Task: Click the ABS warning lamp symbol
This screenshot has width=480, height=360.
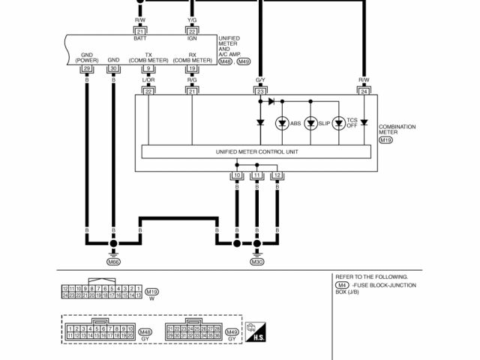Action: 283,123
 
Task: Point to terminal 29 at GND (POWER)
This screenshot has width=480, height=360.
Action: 87,69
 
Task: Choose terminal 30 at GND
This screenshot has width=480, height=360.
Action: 113,69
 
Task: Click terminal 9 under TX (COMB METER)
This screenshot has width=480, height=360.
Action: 148,69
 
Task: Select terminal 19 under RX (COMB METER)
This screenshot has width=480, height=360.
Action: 192,69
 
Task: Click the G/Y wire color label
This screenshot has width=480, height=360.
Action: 260,79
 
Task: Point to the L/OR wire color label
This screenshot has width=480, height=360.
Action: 148,79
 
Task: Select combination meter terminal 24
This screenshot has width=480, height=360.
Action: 364,91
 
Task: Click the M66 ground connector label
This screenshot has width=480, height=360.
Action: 113,262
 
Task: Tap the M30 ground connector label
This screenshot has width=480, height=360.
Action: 257,262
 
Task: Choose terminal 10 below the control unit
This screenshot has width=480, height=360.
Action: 237,175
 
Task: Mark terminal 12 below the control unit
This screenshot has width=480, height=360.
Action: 277,175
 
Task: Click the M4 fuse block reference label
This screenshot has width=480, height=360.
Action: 342,285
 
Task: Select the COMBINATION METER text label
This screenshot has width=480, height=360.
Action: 397,130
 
